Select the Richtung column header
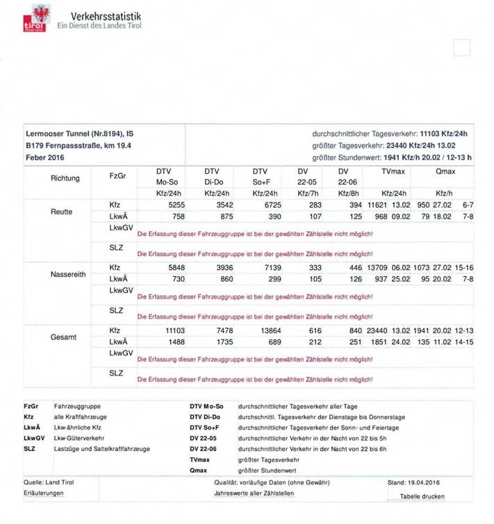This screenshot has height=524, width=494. tap(65, 178)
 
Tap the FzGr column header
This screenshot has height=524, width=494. tap(117, 176)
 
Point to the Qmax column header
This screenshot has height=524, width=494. tap(445, 171)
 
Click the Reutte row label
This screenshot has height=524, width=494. tap(62, 211)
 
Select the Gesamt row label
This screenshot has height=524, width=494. tap(63, 337)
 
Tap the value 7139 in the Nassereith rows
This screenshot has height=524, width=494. tap(271, 268)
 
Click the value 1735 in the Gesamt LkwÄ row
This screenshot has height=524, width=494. tap(221, 342)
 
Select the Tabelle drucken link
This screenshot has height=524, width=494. tap(422, 496)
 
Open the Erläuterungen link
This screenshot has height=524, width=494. tap(44, 493)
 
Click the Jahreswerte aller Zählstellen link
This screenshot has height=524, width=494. tap(254, 493)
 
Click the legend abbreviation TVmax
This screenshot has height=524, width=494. tap(199, 459)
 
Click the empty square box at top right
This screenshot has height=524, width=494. tap(461, 48)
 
